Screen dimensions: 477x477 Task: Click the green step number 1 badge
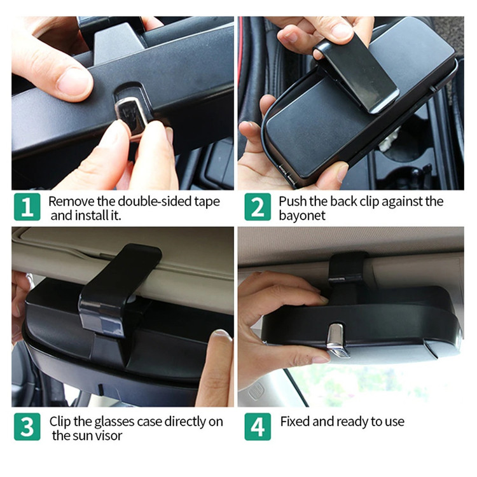point(27,207)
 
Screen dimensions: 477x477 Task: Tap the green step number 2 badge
point(258,207)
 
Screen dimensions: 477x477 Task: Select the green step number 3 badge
point(27,427)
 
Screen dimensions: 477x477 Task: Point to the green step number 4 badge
point(258,427)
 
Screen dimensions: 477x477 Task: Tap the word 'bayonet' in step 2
point(301,216)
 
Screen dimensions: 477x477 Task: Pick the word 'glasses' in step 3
point(114,422)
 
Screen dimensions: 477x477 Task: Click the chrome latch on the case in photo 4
point(336,338)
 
